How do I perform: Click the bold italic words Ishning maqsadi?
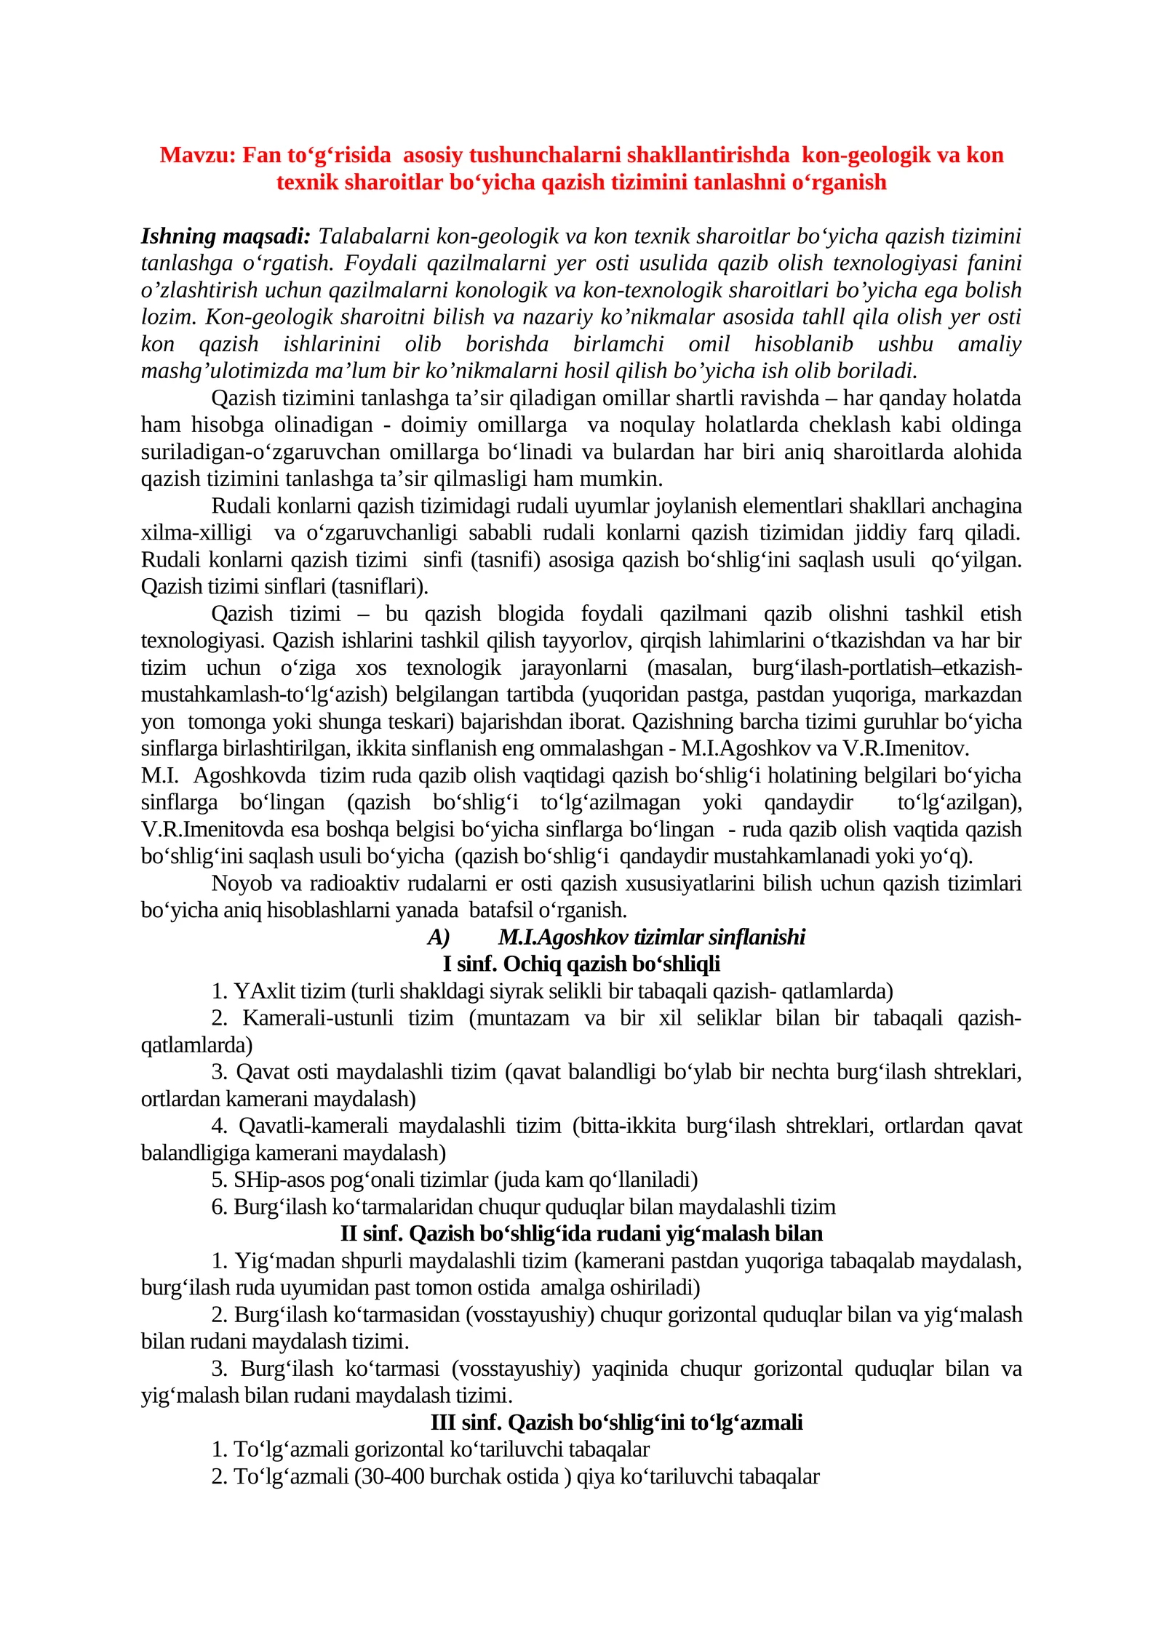pyautogui.click(x=226, y=236)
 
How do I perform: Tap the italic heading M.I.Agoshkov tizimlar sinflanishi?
pyautogui.click(x=652, y=937)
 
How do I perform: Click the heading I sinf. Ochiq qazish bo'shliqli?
pyautogui.click(x=581, y=964)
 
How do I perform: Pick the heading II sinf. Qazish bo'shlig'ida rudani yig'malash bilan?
pyautogui.click(x=581, y=1233)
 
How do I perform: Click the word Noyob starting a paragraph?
pyautogui.click(x=242, y=884)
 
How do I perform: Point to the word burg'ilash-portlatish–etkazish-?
pyautogui.click(x=887, y=668)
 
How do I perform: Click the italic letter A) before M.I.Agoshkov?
pyautogui.click(x=438, y=937)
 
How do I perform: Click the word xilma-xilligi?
pyautogui.click(x=196, y=533)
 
